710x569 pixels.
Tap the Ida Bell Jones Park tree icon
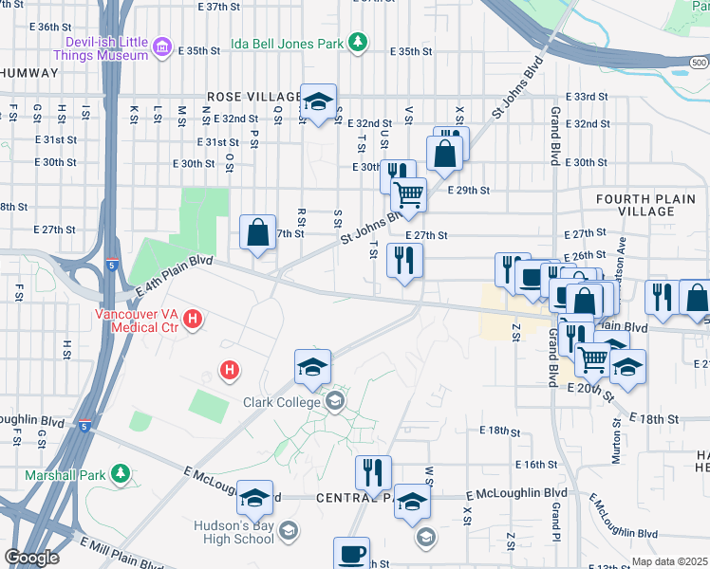click(357, 42)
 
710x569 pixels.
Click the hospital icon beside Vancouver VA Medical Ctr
click(193, 317)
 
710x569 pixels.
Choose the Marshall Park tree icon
click(120, 472)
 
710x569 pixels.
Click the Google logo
click(31, 558)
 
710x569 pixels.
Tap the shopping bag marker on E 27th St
click(258, 232)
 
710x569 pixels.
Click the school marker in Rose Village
click(319, 101)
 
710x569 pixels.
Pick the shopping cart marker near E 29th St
click(408, 195)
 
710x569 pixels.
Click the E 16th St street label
click(536, 465)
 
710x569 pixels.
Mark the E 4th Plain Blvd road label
click(171, 275)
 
